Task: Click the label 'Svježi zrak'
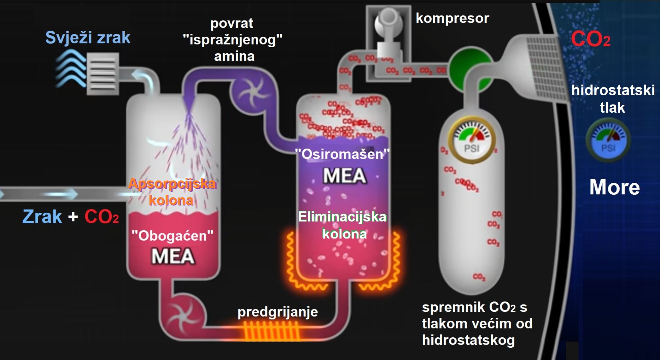pyautogui.click(x=88, y=38)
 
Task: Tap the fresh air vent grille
pyautogui.click(x=103, y=74)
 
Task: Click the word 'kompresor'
pyautogui.click(x=452, y=18)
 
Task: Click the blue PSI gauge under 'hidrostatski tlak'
pyautogui.click(x=608, y=141)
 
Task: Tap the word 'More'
pyautogui.click(x=614, y=187)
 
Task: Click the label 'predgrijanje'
pyautogui.click(x=277, y=312)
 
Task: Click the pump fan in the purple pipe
pyautogui.click(x=250, y=92)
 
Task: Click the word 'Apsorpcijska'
pyautogui.click(x=172, y=184)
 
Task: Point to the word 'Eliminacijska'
pyautogui.click(x=342, y=217)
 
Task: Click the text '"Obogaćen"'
pyautogui.click(x=172, y=236)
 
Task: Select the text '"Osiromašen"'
pyautogui.click(x=342, y=154)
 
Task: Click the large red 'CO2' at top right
pyautogui.click(x=590, y=39)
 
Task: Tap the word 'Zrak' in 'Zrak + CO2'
pyautogui.click(x=42, y=217)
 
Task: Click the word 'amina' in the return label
pyautogui.click(x=234, y=56)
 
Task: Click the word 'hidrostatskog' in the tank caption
pyautogui.click(x=468, y=340)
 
